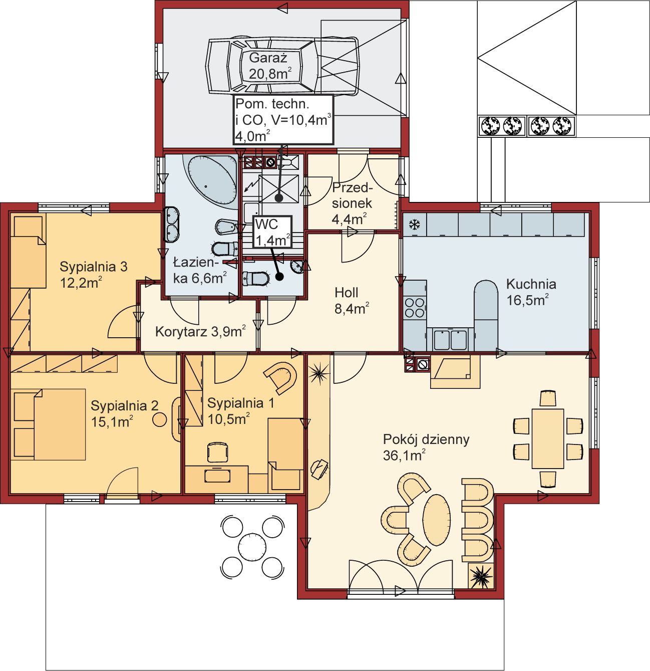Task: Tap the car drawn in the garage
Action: [282, 66]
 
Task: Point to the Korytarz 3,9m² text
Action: [200, 331]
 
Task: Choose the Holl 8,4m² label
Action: [352, 301]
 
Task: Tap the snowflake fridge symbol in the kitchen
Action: [414, 225]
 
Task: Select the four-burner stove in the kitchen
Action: [415, 308]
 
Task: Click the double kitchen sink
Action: [450, 340]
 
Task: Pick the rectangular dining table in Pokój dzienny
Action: [548, 438]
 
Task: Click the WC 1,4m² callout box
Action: [272, 232]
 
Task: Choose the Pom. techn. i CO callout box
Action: [283, 119]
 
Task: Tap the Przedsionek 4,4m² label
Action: [352, 203]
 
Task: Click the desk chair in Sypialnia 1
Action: [218, 453]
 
